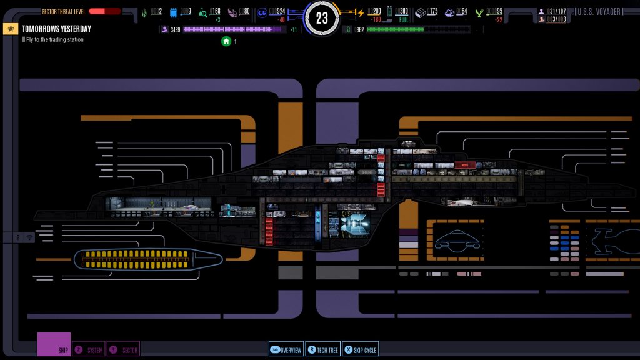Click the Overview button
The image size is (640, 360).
[286, 350]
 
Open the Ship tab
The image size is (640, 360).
[54, 345]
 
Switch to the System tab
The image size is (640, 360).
[89, 350]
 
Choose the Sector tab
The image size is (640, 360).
[123, 350]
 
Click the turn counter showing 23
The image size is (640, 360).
[322, 18]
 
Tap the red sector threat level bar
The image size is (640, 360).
[104, 11]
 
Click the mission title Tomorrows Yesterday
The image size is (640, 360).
[56, 29]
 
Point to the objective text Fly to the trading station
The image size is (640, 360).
[55, 40]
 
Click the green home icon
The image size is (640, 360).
[226, 41]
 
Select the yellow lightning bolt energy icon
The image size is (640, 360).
[360, 12]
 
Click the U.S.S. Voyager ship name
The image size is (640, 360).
[599, 12]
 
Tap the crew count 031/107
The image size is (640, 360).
[556, 11]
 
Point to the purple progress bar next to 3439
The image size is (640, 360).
[231, 29]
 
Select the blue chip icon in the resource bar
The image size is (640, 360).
[174, 12]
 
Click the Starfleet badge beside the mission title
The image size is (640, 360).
[11, 29]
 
